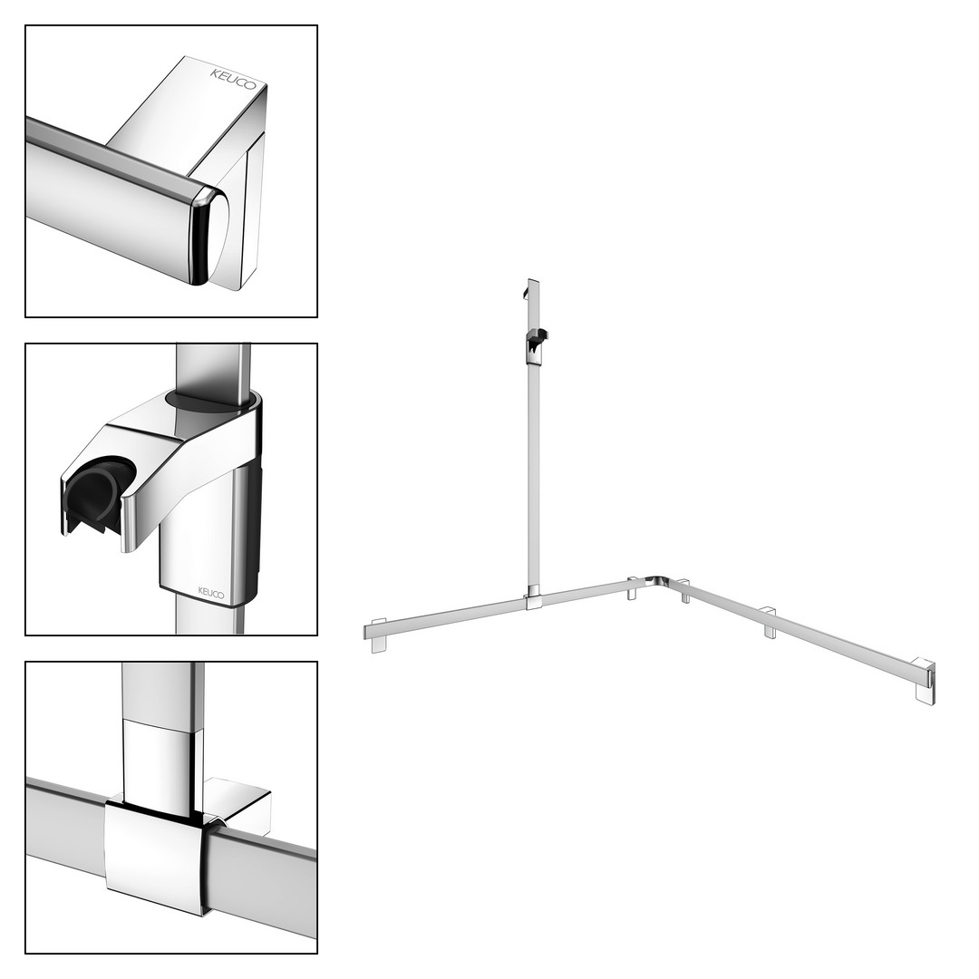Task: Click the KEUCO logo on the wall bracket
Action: (x=233, y=79)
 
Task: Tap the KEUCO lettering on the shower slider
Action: (x=211, y=592)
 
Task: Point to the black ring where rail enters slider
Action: (x=211, y=399)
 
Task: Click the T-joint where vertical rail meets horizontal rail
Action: (x=534, y=599)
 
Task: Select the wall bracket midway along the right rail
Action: (x=771, y=622)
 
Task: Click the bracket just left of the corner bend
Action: (x=633, y=588)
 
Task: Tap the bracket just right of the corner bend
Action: (x=684, y=591)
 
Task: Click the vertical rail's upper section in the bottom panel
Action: (x=163, y=693)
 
